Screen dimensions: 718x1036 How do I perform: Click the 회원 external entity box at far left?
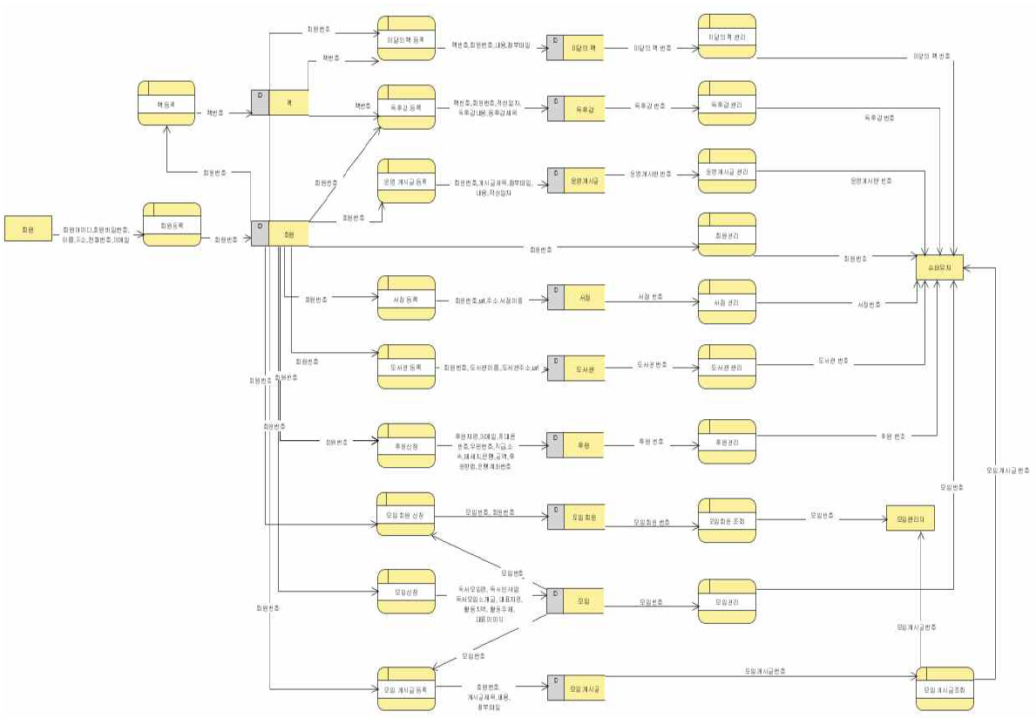[29, 229]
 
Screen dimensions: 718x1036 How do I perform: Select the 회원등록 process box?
[172, 225]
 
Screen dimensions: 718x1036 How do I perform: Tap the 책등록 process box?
[166, 103]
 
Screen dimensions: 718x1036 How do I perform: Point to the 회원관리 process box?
[727, 234]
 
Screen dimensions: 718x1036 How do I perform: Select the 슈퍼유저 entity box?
[939, 268]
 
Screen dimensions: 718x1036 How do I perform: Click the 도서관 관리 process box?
[727, 367]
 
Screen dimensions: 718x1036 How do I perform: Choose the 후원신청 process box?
[405, 445]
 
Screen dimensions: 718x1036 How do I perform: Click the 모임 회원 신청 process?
[405, 514]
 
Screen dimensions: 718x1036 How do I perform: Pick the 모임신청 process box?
[405, 592]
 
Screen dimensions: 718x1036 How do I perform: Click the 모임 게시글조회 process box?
[945, 689]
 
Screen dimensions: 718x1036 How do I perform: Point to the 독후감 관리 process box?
[727, 104]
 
